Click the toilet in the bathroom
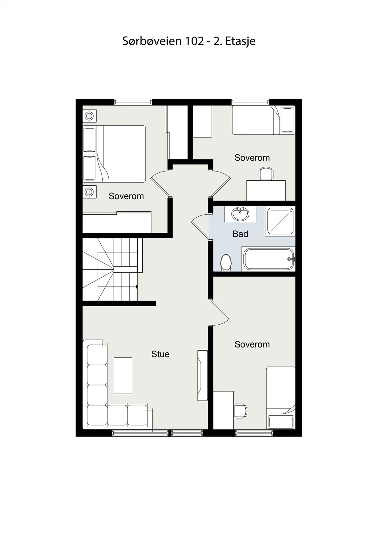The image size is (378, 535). (x=226, y=262)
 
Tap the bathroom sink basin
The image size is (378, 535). (x=240, y=214)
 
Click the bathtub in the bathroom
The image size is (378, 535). (x=269, y=259)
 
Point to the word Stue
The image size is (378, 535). (x=160, y=354)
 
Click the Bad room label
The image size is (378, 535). (x=240, y=234)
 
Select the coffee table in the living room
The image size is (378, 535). (x=123, y=376)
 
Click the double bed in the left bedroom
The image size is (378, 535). (x=114, y=154)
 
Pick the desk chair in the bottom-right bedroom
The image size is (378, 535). (x=240, y=411)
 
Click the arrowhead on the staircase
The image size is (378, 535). (x=137, y=287)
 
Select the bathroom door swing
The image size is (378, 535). (x=200, y=226)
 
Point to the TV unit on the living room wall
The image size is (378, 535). (x=202, y=376)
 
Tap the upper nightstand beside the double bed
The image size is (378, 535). (x=89, y=116)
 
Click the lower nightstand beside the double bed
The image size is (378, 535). (x=89, y=192)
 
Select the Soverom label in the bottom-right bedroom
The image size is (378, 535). (x=252, y=344)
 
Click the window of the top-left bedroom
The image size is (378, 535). (x=133, y=102)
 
